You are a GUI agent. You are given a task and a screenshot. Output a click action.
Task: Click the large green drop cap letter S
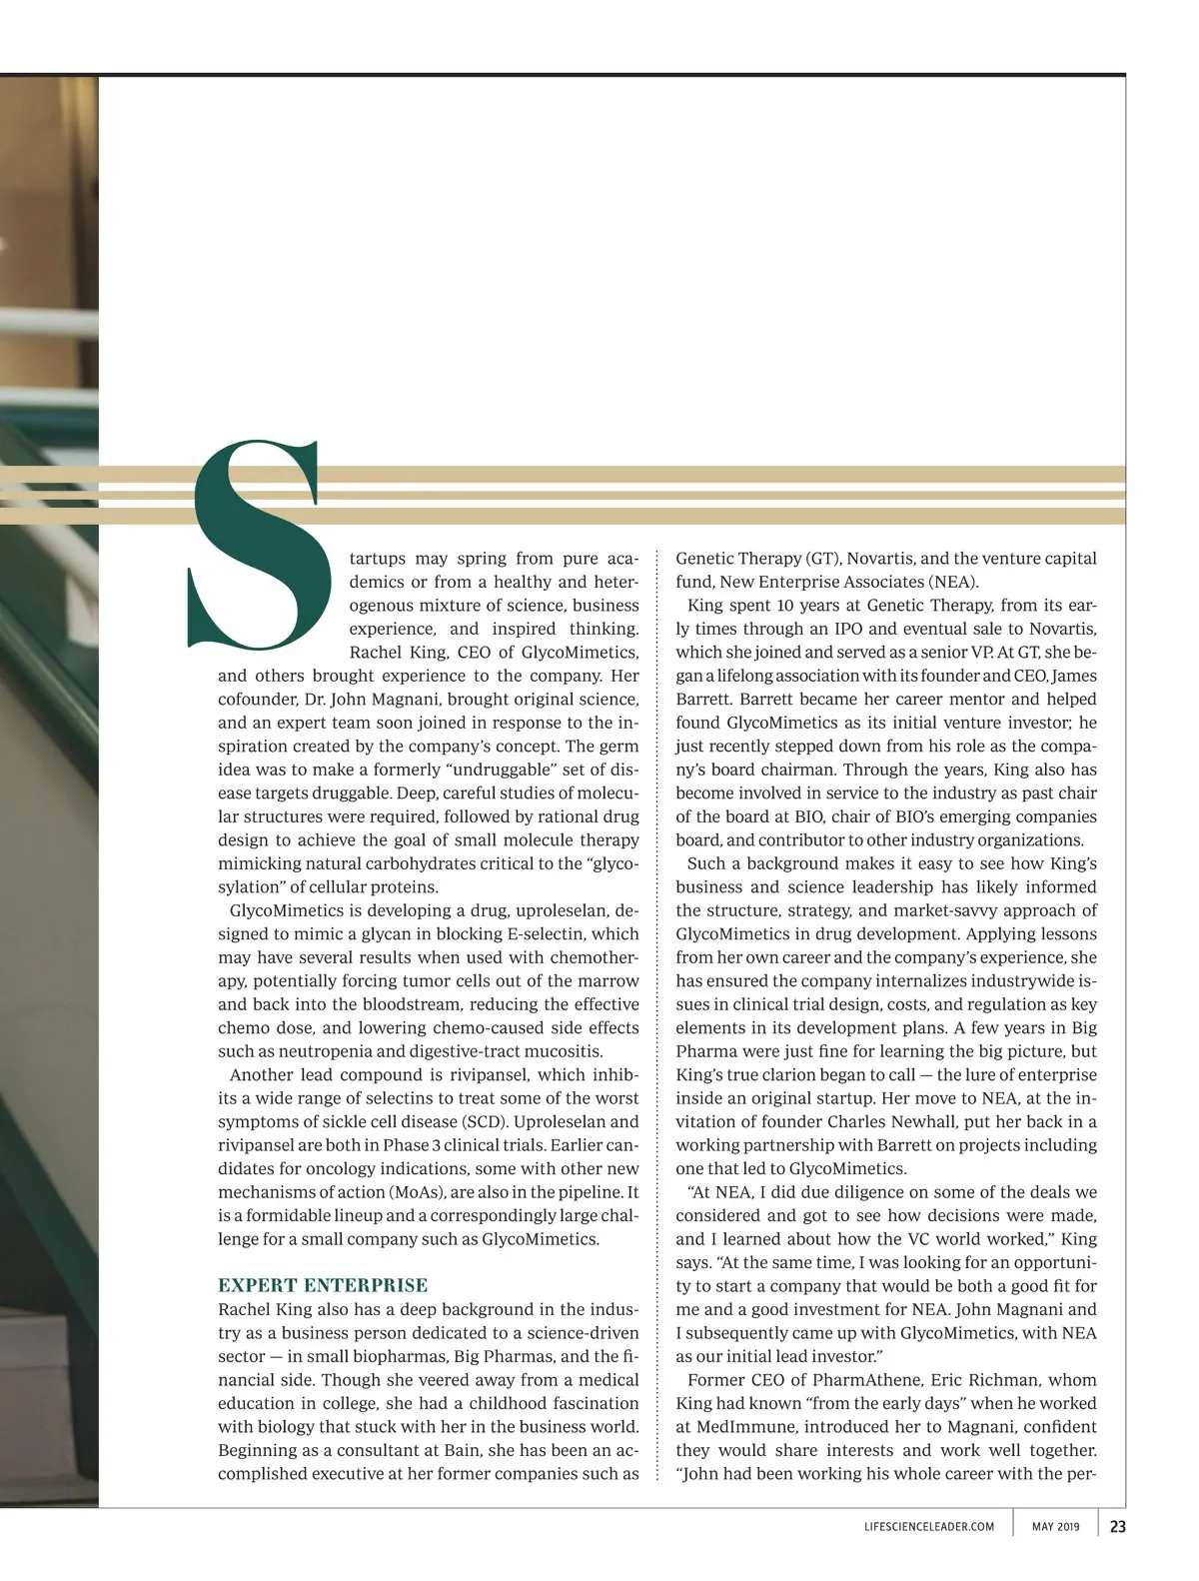click(x=258, y=545)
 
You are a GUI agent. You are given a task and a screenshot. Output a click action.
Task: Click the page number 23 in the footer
click(x=1117, y=1526)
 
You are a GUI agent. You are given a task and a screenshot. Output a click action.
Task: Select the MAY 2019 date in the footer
click(x=1055, y=1527)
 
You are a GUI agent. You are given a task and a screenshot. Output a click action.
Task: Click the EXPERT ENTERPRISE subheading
click(x=323, y=1285)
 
